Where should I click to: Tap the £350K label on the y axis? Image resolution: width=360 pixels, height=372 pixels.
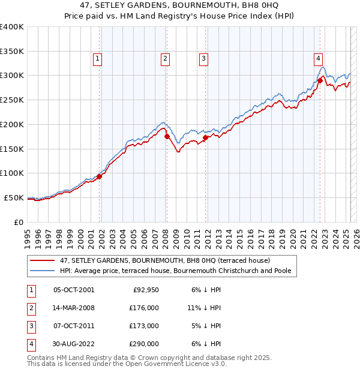tap(12, 51)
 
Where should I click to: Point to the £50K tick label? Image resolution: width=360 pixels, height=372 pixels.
tap(14, 197)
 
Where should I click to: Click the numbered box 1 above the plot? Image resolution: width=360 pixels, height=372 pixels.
tap(97, 58)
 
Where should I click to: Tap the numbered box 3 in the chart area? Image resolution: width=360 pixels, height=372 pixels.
tap(203, 58)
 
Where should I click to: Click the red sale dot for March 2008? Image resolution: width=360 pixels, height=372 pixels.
tap(167, 136)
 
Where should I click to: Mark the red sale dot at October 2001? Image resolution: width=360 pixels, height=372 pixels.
tap(100, 176)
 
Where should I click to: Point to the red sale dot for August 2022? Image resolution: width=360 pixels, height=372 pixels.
tap(320, 80)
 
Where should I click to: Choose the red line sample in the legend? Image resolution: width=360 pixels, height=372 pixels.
tap(43, 260)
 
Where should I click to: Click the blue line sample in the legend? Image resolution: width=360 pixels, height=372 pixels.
tap(43, 271)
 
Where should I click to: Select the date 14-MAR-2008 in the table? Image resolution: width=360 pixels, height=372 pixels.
tap(74, 308)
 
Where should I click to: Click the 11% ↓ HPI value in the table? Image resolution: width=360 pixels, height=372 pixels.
tap(204, 308)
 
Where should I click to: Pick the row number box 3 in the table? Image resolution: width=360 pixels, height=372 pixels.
tap(31, 326)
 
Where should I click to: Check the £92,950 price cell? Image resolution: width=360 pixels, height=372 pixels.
tap(144, 290)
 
